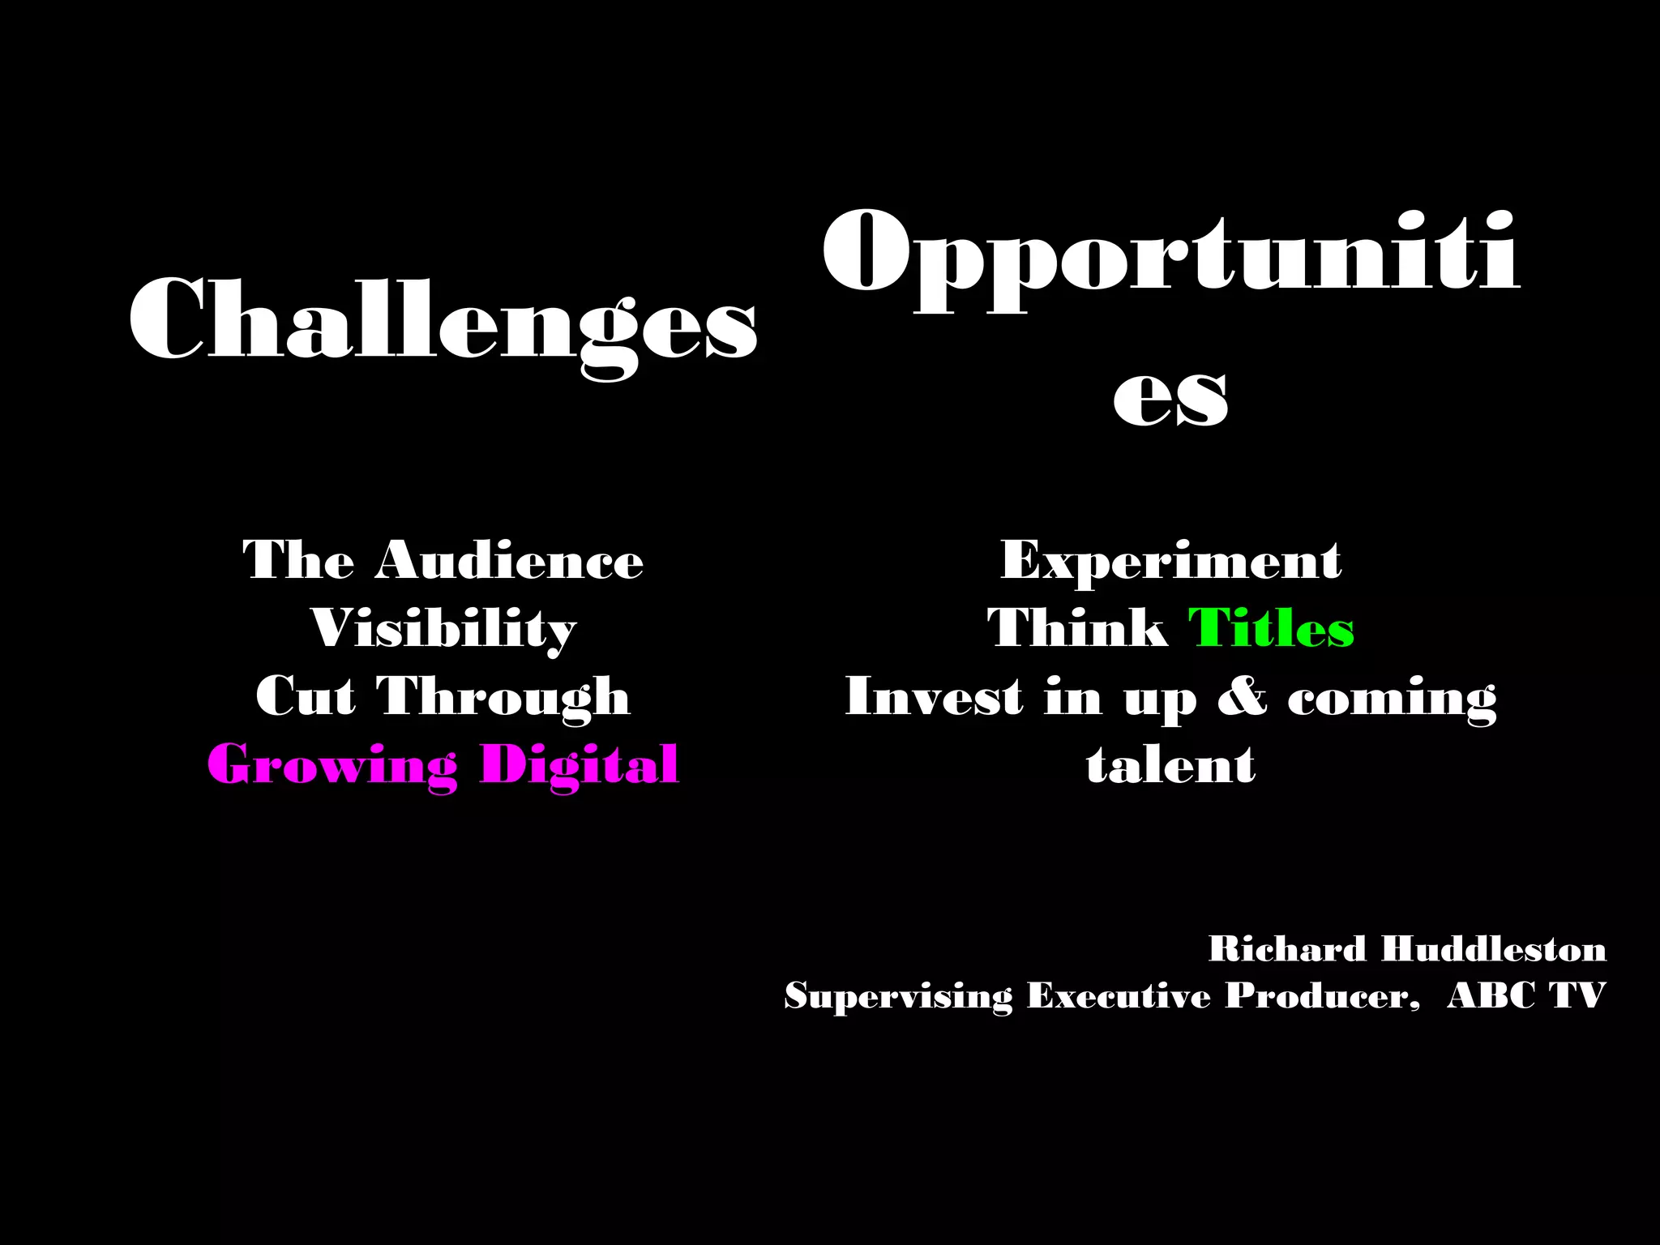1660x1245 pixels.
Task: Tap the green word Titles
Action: [x=1271, y=629]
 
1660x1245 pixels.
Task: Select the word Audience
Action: [x=509, y=560]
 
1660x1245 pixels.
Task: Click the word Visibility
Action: [x=443, y=629]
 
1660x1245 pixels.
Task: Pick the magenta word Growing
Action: [x=332, y=765]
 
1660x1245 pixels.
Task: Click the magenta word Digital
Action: [x=579, y=765]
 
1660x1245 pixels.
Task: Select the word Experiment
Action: [x=1170, y=560]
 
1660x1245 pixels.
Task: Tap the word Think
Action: [x=1077, y=629]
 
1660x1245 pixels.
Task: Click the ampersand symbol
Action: [x=1242, y=697]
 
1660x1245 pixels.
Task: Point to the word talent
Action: [x=1170, y=765]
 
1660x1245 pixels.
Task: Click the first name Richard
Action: [x=1287, y=949]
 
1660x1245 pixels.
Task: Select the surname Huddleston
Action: [x=1493, y=949]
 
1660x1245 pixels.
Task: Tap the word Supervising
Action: [x=898, y=996]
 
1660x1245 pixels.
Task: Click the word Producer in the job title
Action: [x=1321, y=996]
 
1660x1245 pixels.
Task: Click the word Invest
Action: [x=934, y=697]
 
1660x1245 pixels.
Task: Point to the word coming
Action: [x=1392, y=697]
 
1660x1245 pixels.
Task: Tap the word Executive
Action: [x=1119, y=996]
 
